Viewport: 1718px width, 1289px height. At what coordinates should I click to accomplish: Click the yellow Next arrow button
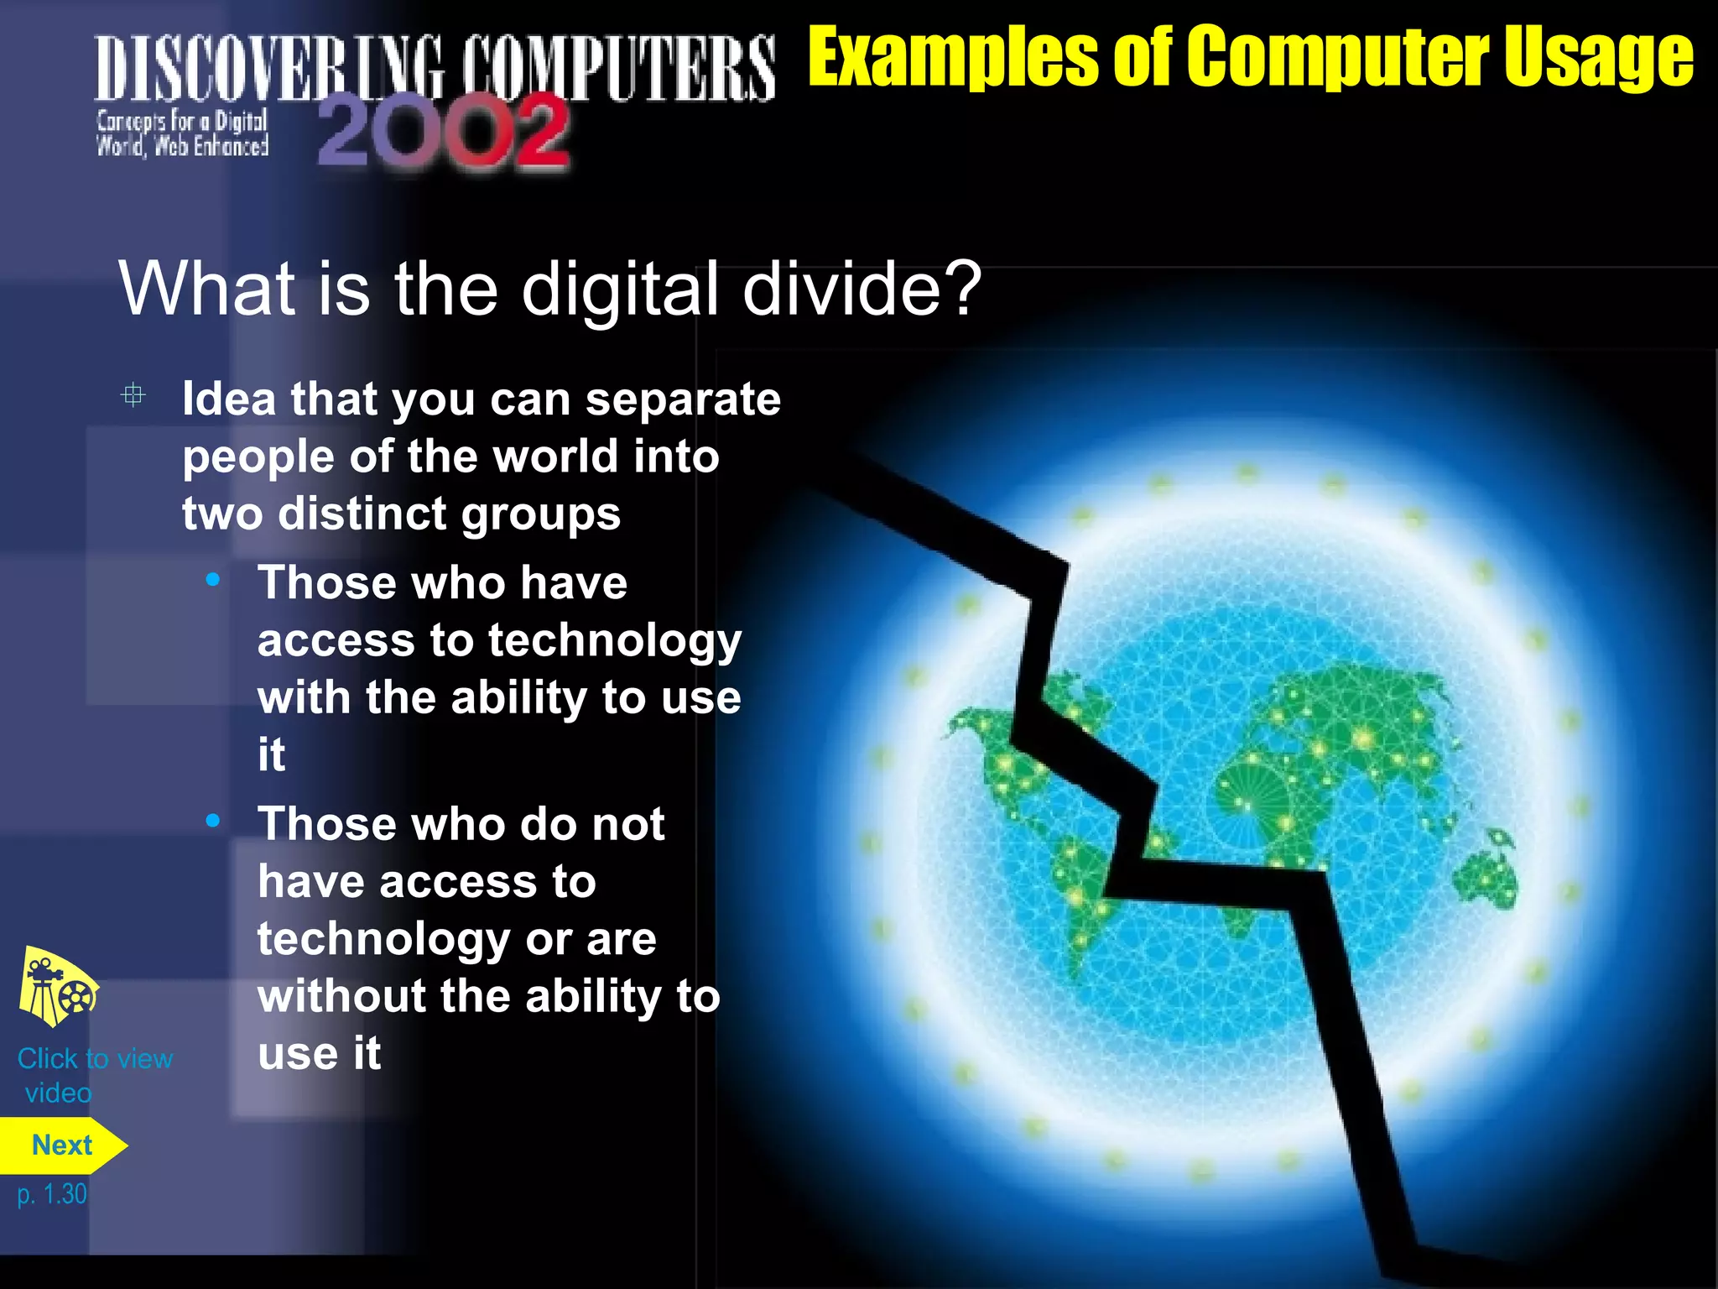[62, 1145]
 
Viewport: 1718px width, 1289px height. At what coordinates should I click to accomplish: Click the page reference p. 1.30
[52, 1194]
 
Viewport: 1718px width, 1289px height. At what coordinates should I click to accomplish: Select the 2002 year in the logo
[444, 133]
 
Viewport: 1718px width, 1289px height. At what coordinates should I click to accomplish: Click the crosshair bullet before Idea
[133, 395]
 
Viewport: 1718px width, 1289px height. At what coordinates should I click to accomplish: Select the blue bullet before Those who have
[213, 580]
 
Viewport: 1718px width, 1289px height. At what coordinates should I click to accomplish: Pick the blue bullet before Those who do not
[213, 821]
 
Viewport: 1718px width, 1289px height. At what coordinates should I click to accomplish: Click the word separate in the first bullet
[683, 399]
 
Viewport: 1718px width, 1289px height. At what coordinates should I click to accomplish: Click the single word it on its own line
[272, 754]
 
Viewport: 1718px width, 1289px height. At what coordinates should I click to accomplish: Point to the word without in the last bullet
[341, 996]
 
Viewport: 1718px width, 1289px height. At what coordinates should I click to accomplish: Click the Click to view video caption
[94, 1075]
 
